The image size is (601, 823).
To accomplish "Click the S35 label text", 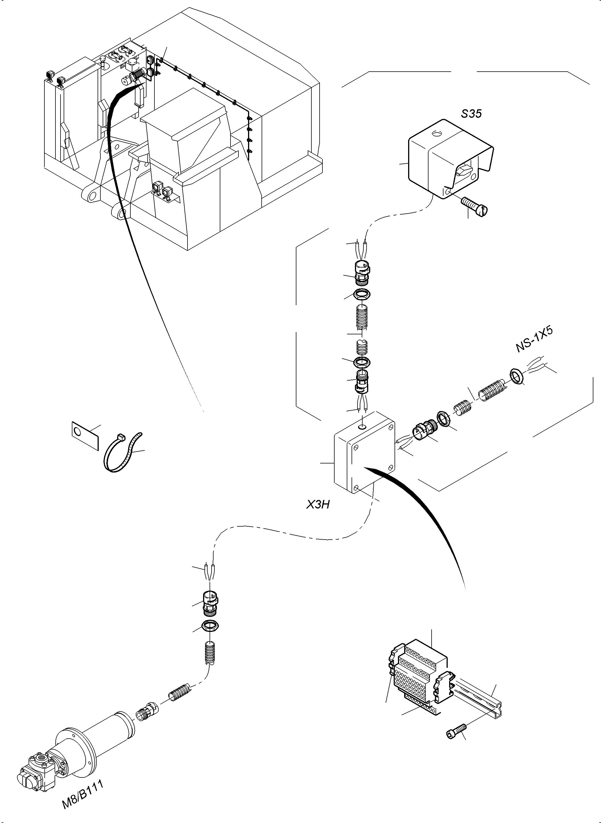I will pos(471,114).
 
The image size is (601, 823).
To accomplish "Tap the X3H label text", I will pos(318,505).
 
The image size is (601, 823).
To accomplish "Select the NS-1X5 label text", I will pos(534,340).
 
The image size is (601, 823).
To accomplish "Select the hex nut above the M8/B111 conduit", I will pos(210,626).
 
